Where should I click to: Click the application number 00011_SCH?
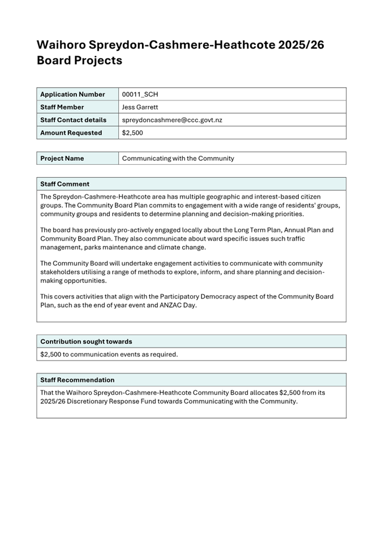(143, 94)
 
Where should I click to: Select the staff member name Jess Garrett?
(140, 107)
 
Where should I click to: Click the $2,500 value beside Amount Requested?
(132, 133)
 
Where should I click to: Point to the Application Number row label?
(72, 94)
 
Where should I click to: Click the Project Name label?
(62, 159)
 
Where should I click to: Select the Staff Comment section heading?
(65, 184)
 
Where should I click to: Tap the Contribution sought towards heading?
(86, 342)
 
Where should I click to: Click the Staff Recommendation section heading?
(77, 380)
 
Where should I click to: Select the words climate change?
(183, 248)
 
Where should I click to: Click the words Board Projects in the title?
(79, 60)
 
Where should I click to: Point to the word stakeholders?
(60, 272)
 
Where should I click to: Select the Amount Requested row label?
(71, 133)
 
